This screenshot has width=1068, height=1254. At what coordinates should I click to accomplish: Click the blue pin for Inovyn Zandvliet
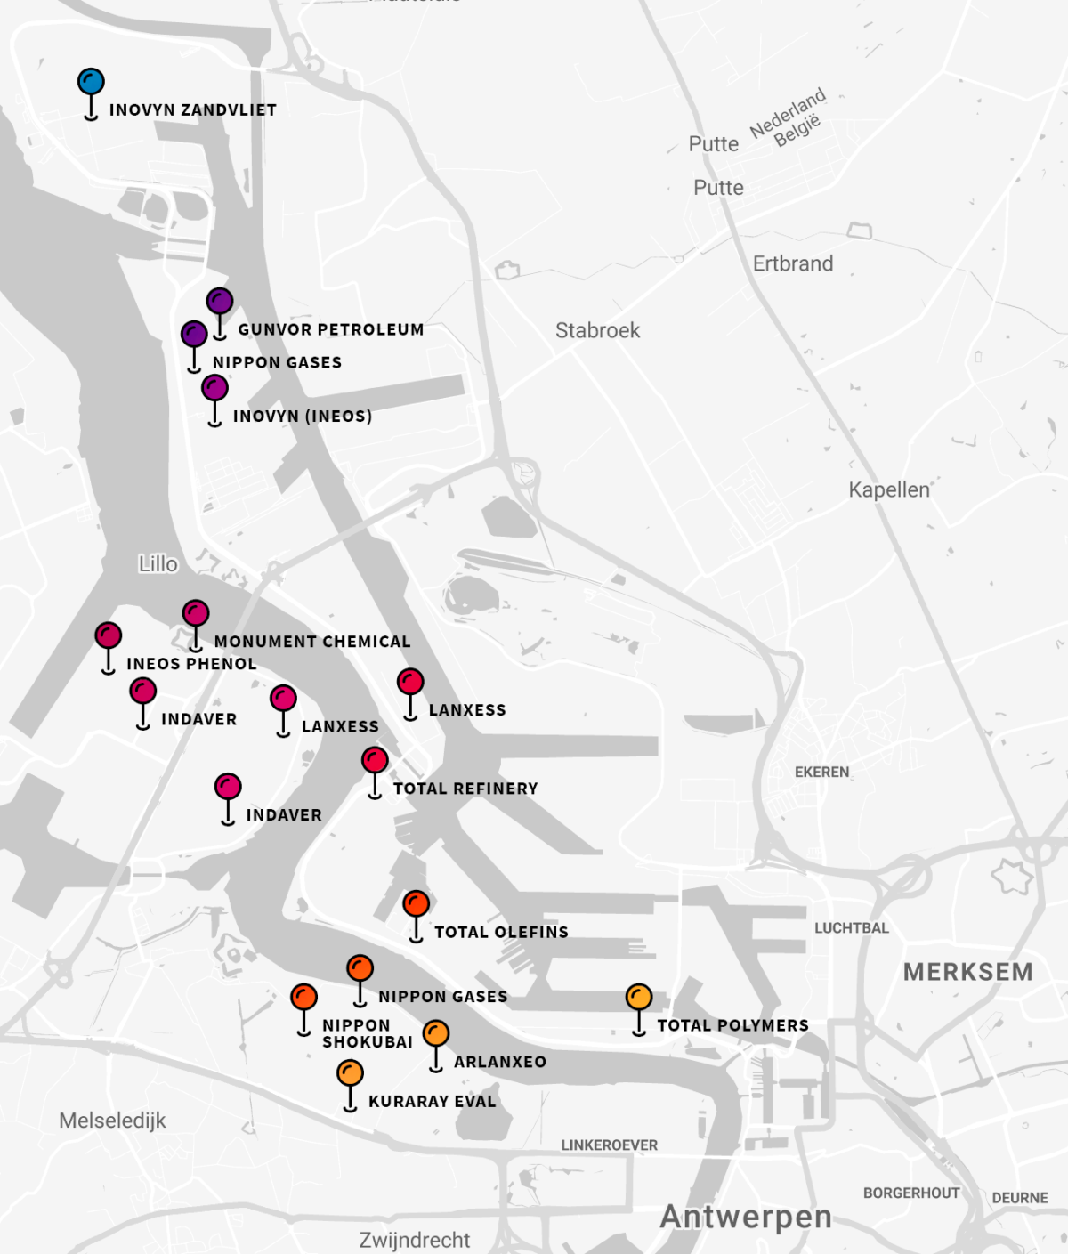(91, 83)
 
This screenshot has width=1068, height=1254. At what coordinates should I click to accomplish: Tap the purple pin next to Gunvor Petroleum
(220, 302)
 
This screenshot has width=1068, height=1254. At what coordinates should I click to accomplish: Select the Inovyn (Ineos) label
(302, 417)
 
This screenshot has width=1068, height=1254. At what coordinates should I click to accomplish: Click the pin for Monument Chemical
(196, 613)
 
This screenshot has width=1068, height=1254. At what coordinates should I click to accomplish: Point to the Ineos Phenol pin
(109, 635)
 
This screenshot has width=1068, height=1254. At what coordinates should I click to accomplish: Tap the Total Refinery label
(465, 789)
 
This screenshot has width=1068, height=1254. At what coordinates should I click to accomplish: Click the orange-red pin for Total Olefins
(416, 904)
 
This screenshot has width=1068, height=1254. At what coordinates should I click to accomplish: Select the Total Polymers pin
(639, 997)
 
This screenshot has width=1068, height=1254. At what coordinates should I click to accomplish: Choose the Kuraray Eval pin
(350, 1073)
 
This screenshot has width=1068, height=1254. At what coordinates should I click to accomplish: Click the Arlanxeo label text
(499, 1062)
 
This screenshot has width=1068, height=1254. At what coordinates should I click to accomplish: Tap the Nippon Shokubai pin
(303, 997)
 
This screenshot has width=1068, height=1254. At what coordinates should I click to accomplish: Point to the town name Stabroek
(597, 330)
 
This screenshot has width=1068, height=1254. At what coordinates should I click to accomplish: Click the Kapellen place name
(888, 489)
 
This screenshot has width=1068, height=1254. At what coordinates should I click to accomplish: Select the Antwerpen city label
(746, 1217)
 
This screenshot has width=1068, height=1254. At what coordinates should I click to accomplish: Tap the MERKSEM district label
(967, 972)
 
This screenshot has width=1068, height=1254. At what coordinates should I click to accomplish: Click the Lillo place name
(158, 564)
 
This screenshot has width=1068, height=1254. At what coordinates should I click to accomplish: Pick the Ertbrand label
(792, 263)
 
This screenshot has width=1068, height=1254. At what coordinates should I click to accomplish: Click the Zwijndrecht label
(414, 1240)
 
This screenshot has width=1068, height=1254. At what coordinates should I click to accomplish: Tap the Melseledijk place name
(112, 1121)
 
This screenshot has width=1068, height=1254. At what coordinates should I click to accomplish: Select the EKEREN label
(821, 773)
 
